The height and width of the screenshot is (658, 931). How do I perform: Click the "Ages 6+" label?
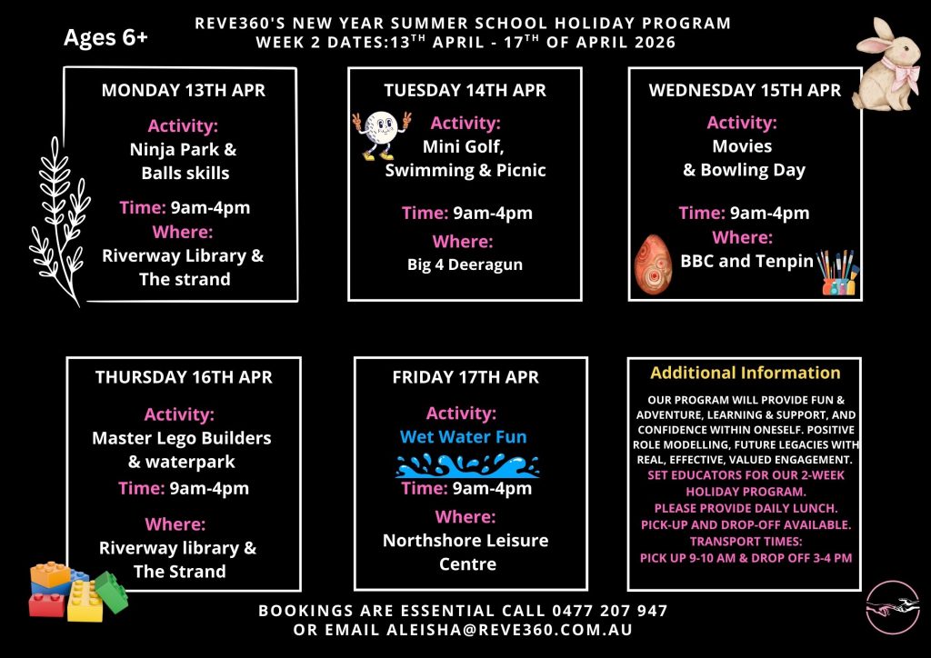pos(105,39)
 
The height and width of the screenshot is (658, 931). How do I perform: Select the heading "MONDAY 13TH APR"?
pos(184,91)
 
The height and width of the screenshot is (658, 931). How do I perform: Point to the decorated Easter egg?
pos(652,264)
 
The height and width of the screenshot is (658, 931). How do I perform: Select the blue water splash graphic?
pos(467,465)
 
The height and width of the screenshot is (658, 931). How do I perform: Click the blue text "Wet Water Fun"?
pos(464,437)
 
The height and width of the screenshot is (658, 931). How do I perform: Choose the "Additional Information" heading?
pos(746,373)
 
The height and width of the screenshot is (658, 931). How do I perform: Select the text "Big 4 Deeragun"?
pos(465,265)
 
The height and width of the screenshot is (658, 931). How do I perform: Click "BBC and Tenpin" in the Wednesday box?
pos(747,261)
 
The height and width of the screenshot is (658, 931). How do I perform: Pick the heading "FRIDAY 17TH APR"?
pos(465,377)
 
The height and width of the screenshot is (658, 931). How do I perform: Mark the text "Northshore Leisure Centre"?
pos(465,552)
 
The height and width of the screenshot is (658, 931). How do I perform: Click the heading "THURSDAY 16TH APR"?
pos(184,377)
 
